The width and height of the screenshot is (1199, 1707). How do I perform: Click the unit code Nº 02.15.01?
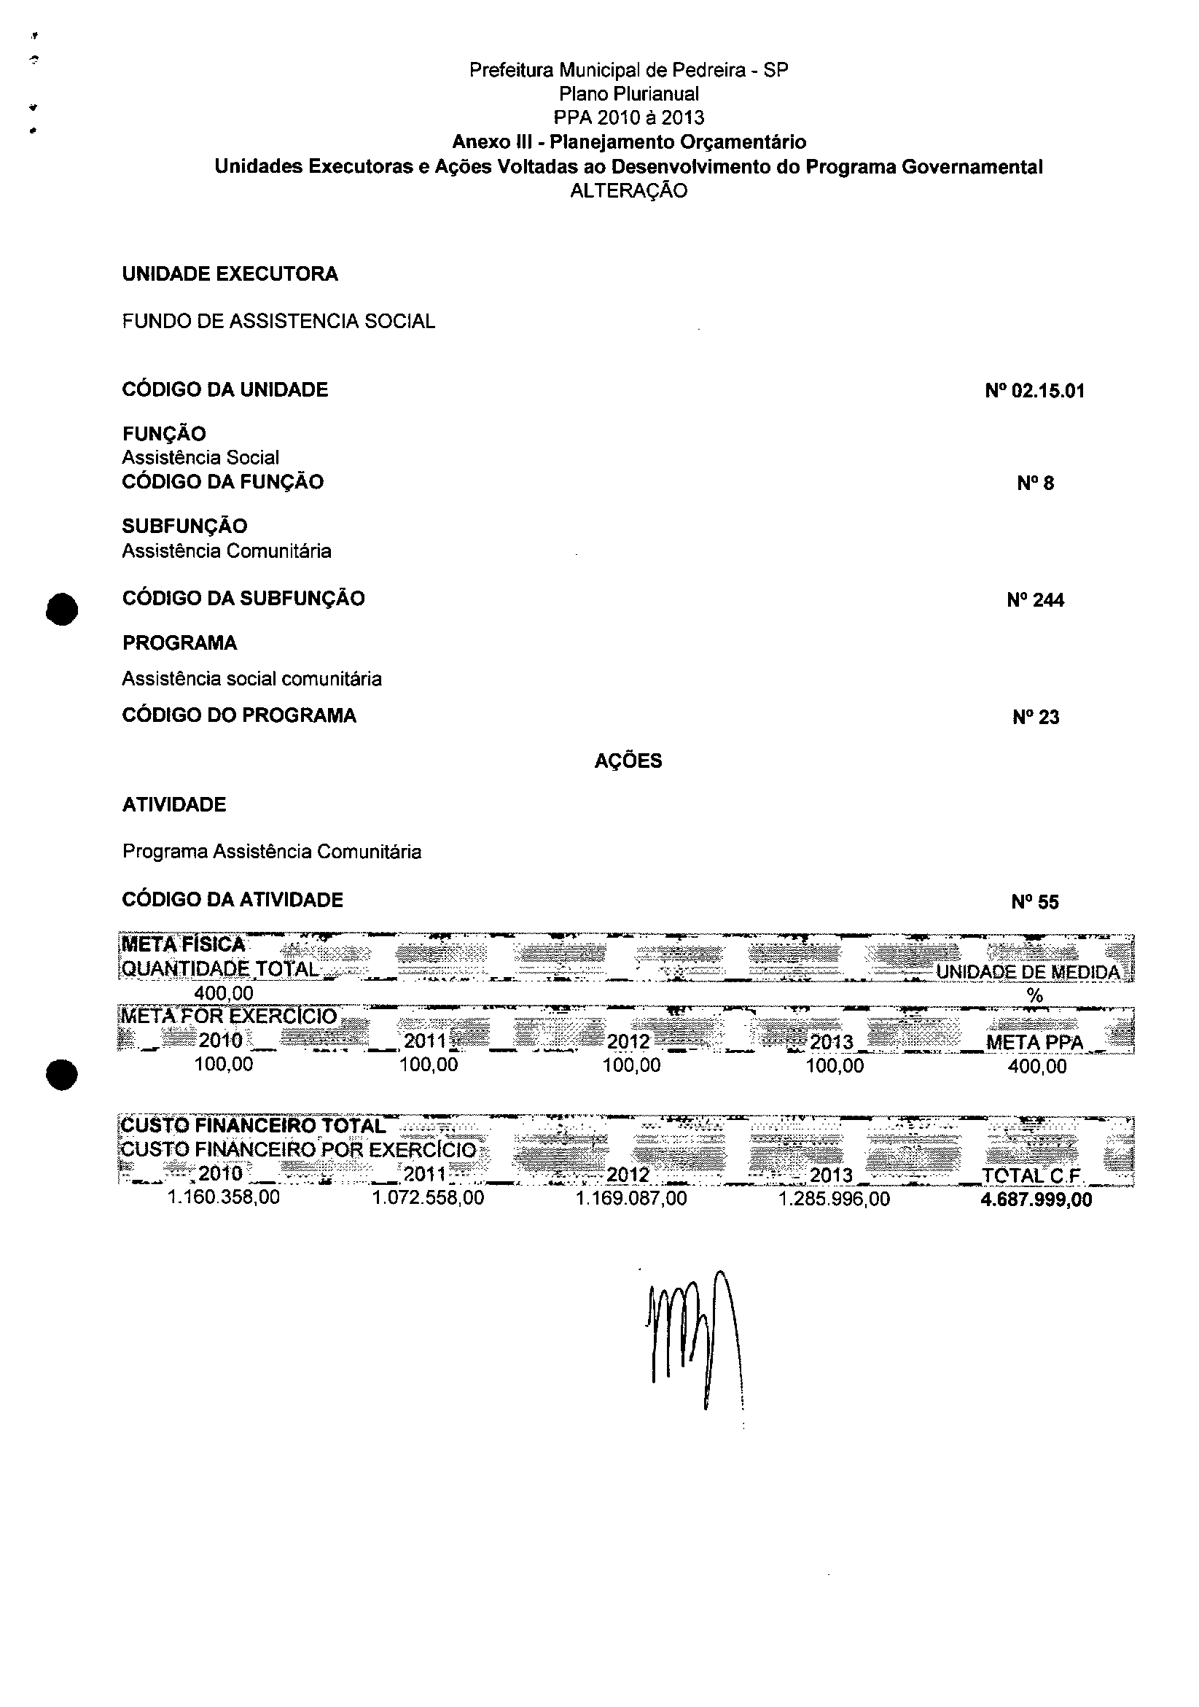point(1034,391)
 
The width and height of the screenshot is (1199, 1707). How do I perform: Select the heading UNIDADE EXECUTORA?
point(230,274)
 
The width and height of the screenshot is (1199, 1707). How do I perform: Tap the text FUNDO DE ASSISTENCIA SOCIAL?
point(278,321)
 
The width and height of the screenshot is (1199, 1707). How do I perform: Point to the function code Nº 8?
point(1035,483)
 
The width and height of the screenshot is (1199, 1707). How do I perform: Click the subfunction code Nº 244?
point(1035,600)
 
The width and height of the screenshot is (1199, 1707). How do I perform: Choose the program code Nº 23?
point(1035,717)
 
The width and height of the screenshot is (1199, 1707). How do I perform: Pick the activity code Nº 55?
point(1035,902)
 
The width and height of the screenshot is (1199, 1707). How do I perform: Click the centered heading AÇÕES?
point(628,761)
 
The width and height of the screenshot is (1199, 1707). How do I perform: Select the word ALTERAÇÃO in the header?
point(628,191)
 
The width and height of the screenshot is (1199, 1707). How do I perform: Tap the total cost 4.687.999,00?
point(1036,1200)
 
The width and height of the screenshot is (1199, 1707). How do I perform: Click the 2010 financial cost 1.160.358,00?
point(224,1198)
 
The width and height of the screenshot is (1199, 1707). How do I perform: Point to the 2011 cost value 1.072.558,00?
point(428,1198)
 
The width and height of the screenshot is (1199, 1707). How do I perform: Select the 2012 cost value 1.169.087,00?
point(631,1199)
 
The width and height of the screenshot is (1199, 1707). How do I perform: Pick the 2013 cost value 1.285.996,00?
point(834,1199)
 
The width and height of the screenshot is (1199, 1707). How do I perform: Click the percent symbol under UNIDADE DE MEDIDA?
point(1035,996)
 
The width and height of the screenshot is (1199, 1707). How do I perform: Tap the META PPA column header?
point(1034,1042)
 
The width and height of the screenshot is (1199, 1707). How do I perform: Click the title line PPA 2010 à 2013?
point(628,117)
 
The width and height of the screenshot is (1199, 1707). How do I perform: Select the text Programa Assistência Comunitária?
point(271,851)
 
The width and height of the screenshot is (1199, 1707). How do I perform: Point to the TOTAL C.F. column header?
point(1031,1175)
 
